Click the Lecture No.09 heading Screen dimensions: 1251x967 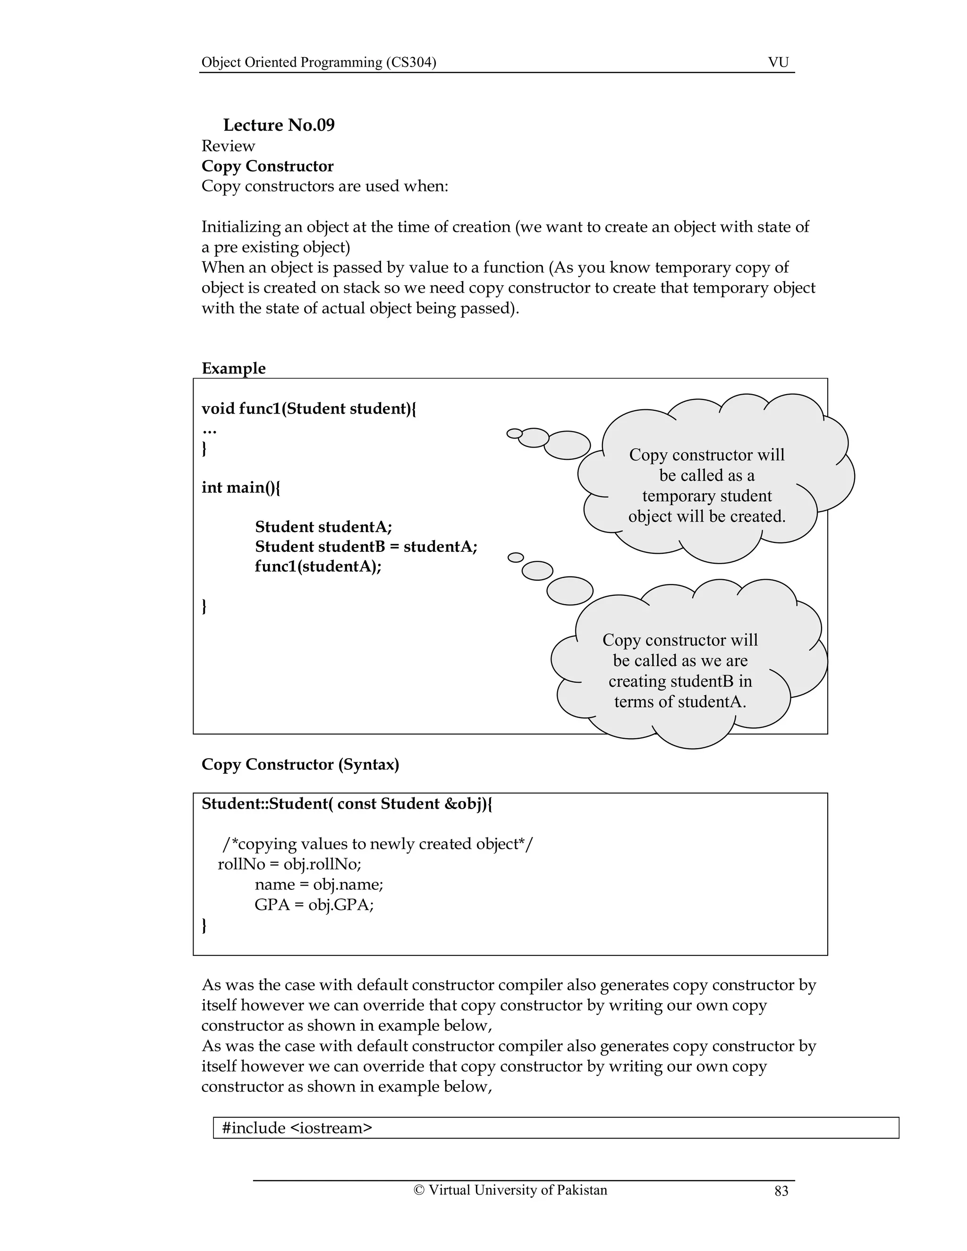tap(279, 125)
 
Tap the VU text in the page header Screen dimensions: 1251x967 tap(778, 62)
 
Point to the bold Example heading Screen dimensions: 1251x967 tap(233, 368)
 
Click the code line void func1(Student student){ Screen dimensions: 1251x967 tap(309, 408)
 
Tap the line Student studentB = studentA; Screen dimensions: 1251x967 tap(365, 547)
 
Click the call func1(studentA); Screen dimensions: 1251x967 tap(318, 566)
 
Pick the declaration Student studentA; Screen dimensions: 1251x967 tap(323, 526)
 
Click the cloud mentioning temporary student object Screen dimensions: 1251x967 tap(707, 485)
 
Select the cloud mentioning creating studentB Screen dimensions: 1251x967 tap(680, 670)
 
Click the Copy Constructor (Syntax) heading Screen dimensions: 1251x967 tap(300, 764)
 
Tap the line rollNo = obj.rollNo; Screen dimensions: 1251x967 tap(289, 864)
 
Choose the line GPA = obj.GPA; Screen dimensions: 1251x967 tap(314, 904)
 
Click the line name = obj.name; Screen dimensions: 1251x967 tap(319, 884)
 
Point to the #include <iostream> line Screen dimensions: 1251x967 tap(297, 1127)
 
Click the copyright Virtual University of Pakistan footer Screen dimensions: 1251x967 tap(510, 1190)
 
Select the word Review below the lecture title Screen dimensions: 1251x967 tap(228, 145)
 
